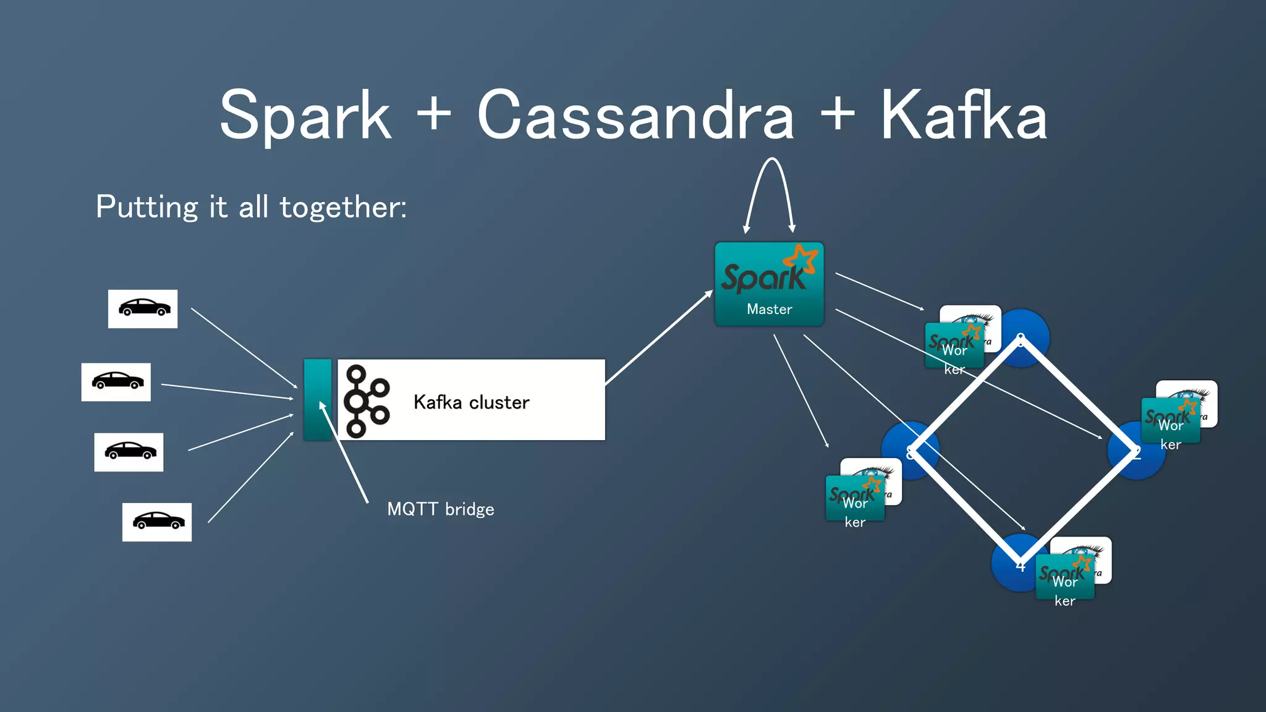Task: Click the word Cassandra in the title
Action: click(x=635, y=116)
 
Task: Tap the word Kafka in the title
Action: click(x=963, y=116)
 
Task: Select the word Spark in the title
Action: click(x=305, y=116)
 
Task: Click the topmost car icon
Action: click(x=143, y=308)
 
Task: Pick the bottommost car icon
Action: click(x=157, y=522)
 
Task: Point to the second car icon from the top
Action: click(x=116, y=382)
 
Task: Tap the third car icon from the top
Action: click(x=129, y=452)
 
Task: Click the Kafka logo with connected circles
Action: click(x=366, y=400)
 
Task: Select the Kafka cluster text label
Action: click(x=471, y=402)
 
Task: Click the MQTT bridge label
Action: click(x=440, y=509)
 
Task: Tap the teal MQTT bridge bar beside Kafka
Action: click(x=317, y=399)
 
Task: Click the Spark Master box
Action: click(x=769, y=284)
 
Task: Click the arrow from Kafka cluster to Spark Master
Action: click(x=658, y=338)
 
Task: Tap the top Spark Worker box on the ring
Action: click(x=954, y=345)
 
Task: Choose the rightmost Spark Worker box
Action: click(x=1170, y=421)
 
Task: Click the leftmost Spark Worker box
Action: click(x=855, y=498)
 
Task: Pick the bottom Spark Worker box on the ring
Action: click(x=1064, y=577)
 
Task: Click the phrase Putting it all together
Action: click(x=251, y=207)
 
